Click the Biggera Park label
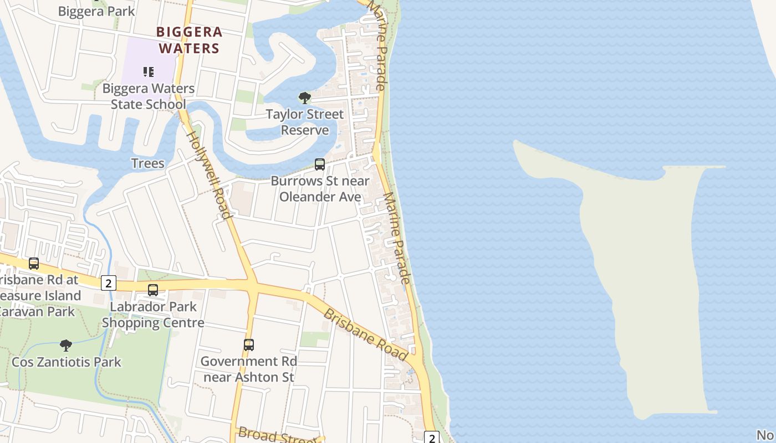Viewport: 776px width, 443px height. pyautogui.click(x=96, y=11)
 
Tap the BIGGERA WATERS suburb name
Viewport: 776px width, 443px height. pyautogui.click(x=189, y=40)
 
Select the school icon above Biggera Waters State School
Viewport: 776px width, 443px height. pyautogui.click(x=148, y=71)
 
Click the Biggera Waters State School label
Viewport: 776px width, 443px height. pyautogui.click(x=148, y=96)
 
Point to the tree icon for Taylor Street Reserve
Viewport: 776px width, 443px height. pyautogui.click(x=304, y=98)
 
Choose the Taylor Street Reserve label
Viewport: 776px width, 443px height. pyautogui.click(x=304, y=122)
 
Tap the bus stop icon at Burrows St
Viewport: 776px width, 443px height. pyautogui.click(x=320, y=164)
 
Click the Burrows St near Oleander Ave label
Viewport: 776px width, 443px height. pyautogui.click(x=320, y=189)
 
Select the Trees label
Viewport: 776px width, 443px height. pyautogui.click(x=147, y=163)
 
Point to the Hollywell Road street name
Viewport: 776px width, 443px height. pyautogui.click(x=208, y=174)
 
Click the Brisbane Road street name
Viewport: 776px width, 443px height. pyautogui.click(x=366, y=334)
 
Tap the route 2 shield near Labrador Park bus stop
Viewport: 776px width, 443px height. pyautogui.click(x=108, y=284)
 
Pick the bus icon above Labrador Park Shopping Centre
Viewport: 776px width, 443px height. pyautogui.click(x=153, y=290)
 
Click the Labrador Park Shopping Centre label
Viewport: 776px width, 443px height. pyautogui.click(x=153, y=315)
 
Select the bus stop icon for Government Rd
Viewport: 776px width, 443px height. pyautogui.click(x=249, y=345)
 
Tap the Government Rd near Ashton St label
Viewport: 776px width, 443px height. pyautogui.click(x=249, y=369)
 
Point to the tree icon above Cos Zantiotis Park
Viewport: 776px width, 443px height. pyautogui.click(x=66, y=346)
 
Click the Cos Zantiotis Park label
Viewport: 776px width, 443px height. pyautogui.click(x=66, y=362)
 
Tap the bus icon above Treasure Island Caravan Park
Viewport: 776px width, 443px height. pyautogui.click(x=34, y=264)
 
